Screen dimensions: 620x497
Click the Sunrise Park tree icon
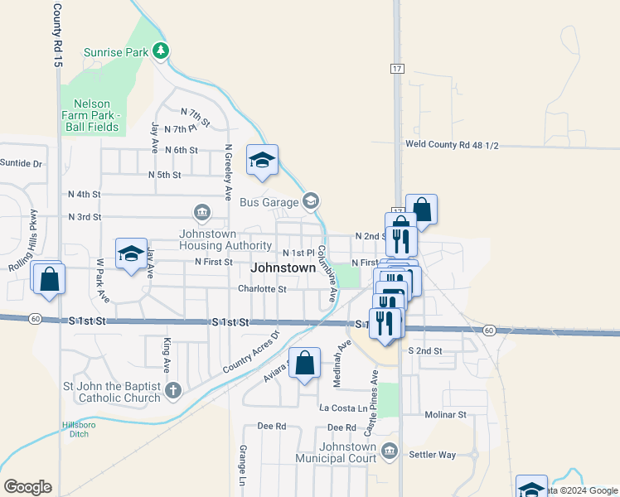pyautogui.click(x=161, y=51)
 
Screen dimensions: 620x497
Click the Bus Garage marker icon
pyautogui.click(x=311, y=200)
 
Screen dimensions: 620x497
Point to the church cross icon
pyautogui.click(x=172, y=390)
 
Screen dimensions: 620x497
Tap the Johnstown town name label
pyautogui.click(x=283, y=268)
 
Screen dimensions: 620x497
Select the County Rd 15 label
pyautogui.click(x=57, y=35)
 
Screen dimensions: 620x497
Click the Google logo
pyautogui.click(x=27, y=487)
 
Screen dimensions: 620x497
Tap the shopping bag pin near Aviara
pyautogui.click(x=304, y=363)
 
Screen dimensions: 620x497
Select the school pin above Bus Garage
pyautogui.click(x=262, y=160)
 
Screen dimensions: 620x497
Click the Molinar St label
pyautogui.click(x=445, y=413)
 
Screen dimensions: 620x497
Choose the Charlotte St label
pyautogui.click(x=262, y=289)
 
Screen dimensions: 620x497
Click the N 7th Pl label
pyautogui.click(x=181, y=129)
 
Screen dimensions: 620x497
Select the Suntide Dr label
pyautogui.click(x=21, y=163)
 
